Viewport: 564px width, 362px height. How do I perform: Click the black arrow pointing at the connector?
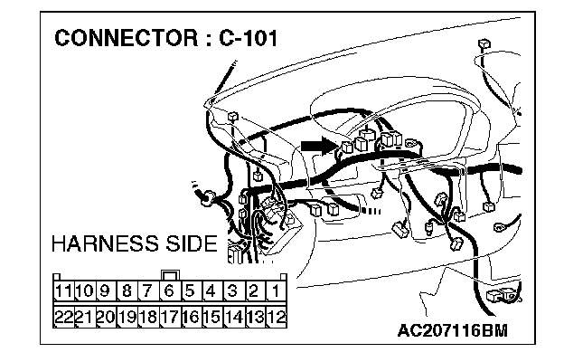tap(317, 144)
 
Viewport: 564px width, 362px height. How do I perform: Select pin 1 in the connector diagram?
tap(276, 291)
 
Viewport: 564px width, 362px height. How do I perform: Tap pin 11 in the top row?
tap(62, 291)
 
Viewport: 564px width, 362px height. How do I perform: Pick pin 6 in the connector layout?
tap(169, 291)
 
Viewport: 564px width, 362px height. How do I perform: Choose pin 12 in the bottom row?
tap(276, 317)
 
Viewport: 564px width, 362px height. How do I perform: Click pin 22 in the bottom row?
tap(62, 317)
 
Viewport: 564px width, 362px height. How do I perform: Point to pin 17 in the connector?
tap(169, 317)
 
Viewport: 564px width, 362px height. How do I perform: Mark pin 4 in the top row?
tap(211, 291)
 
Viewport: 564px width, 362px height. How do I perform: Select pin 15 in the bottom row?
tap(211, 317)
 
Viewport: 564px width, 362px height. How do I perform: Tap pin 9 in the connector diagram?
tap(105, 291)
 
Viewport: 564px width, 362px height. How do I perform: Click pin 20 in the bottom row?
tap(105, 317)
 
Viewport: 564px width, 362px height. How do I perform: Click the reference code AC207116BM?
tap(452, 332)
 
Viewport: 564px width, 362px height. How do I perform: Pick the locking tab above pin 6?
tap(169, 274)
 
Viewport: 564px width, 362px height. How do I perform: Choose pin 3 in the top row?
tap(233, 291)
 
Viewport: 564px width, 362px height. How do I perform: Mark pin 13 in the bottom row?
tap(255, 317)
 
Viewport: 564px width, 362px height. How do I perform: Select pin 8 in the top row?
tap(127, 291)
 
